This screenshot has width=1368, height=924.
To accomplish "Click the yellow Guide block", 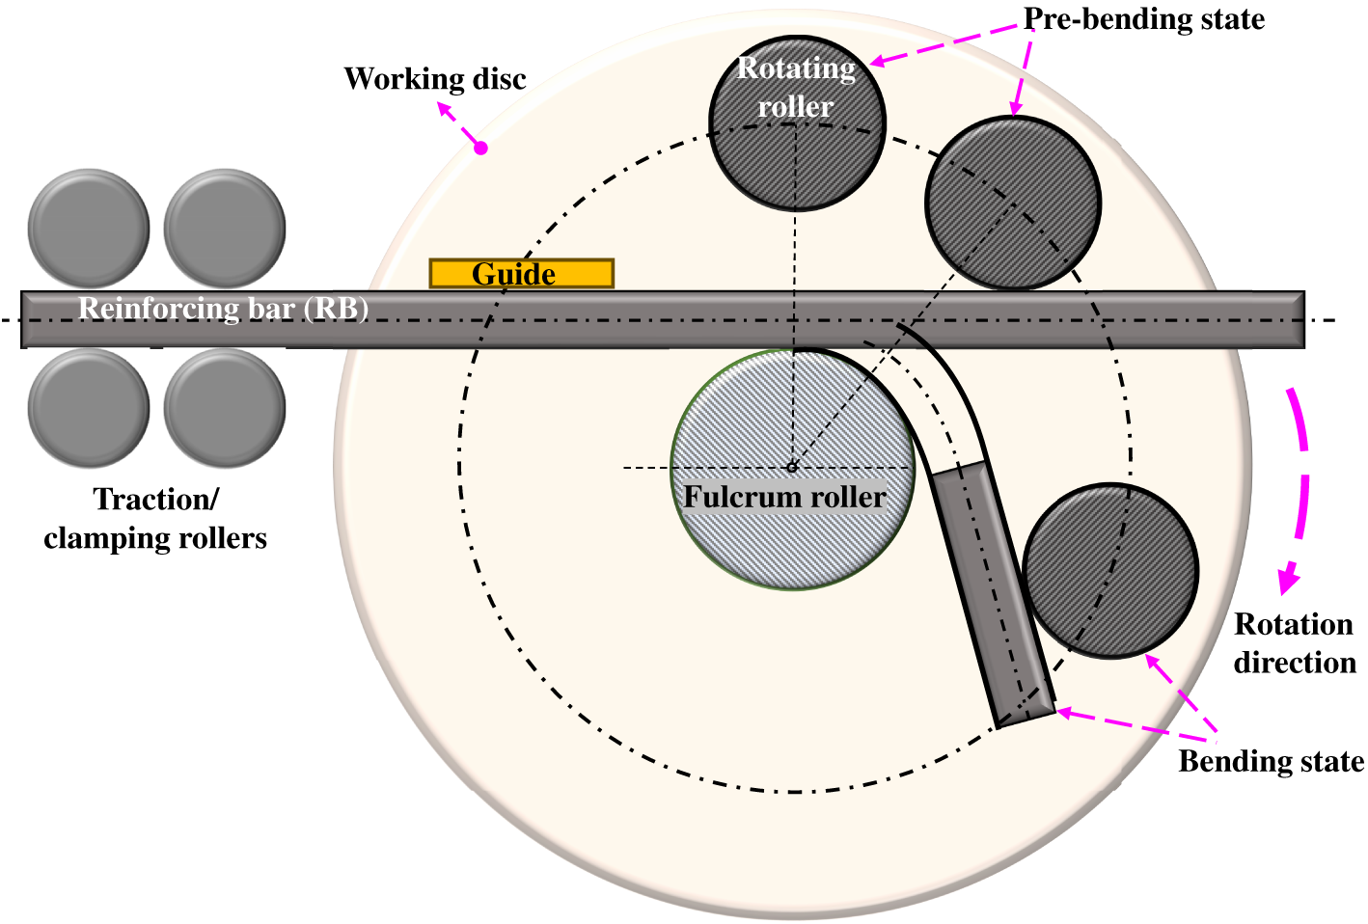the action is click(x=522, y=274).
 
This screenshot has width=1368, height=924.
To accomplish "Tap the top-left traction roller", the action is click(x=89, y=229).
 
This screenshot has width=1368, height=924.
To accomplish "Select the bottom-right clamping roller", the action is click(x=225, y=408).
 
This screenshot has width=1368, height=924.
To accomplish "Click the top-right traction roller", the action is click(x=225, y=229).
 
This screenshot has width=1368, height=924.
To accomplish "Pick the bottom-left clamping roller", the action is click(x=89, y=408).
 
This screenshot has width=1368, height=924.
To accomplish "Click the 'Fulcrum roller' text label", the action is click(x=784, y=497).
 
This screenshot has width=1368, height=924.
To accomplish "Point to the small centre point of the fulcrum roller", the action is click(x=792, y=467).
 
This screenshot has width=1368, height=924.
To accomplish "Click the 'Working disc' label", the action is click(x=435, y=79).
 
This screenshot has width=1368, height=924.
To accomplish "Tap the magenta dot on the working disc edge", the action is click(x=481, y=148).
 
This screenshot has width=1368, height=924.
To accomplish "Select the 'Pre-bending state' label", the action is click(x=1144, y=19).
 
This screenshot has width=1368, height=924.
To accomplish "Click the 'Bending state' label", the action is click(x=1271, y=762).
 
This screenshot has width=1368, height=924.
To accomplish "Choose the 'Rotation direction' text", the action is click(x=1294, y=643).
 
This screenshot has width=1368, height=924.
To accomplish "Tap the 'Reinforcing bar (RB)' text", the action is click(x=224, y=309).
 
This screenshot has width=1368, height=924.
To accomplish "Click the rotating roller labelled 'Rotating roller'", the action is click(x=797, y=123).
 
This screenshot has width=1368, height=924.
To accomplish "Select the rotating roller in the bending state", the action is click(x=1110, y=571).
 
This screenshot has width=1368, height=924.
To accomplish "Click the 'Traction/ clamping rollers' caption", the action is click(x=155, y=519).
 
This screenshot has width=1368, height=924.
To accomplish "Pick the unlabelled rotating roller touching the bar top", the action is click(x=1013, y=203).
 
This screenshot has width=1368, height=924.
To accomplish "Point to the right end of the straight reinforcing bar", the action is click(x=1304, y=319).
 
